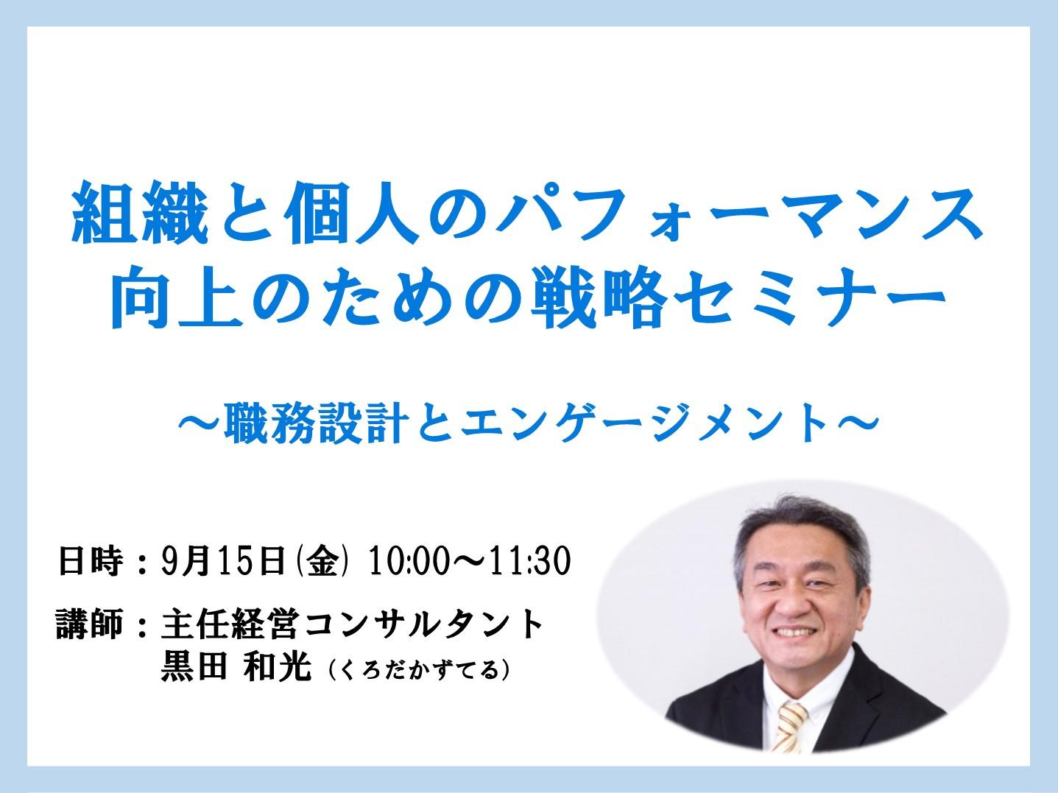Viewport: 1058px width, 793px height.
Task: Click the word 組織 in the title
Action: pyautogui.click(x=141, y=212)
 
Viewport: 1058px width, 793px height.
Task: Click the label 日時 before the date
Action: pyautogui.click(x=91, y=560)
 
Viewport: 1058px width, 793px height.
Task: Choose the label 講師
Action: pyautogui.click(x=90, y=624)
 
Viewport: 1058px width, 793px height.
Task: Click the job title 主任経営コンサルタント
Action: pyautogui.click(x=353, y=624)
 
